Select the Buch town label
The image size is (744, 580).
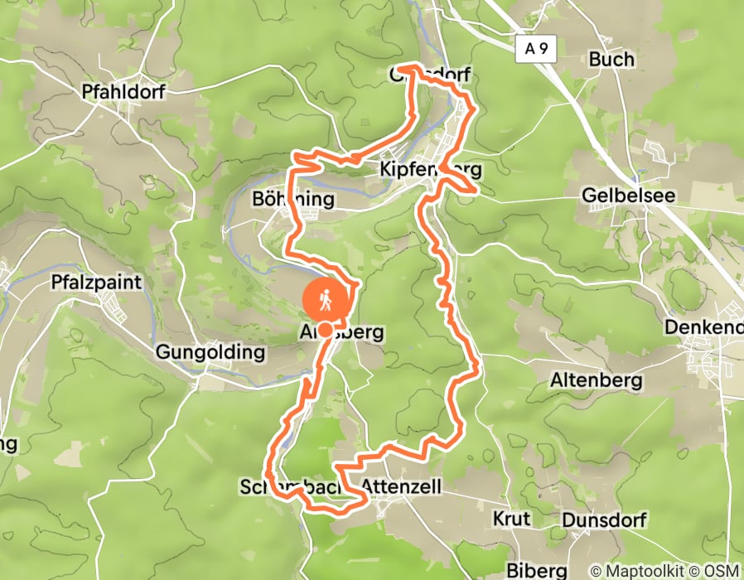tap(611, 60)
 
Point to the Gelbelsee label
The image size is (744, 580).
tap(628, 196)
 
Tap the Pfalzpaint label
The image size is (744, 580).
tap(96, 283)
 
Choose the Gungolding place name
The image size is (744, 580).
tap(210, 353)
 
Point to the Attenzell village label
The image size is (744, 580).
tap(402, 486)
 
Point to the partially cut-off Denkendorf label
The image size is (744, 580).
tap(703, 328)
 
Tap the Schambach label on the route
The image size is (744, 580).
tap(290, 486)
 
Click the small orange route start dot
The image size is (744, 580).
tap(326, 331)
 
